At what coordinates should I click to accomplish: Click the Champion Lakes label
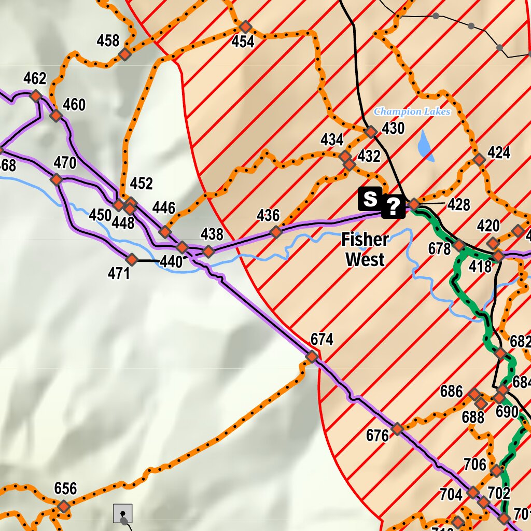412,111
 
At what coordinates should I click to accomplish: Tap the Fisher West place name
365,249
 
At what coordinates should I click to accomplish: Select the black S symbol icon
370,199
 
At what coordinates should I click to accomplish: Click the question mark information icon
394,207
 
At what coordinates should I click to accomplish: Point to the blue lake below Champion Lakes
425,146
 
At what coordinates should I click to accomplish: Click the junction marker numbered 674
312,357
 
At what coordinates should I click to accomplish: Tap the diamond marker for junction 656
64,506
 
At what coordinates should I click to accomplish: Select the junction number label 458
108,40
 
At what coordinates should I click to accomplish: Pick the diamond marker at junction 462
36,96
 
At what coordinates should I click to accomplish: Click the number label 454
243,42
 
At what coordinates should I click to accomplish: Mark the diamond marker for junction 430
371,132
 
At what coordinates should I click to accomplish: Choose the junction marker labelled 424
479,160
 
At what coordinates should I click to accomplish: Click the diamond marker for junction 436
276,231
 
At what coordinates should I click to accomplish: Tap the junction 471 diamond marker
132,259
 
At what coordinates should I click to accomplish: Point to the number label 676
378,436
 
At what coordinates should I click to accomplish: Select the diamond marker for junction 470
57,179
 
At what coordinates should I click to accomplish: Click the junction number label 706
475,464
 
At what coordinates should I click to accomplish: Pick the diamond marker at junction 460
56,116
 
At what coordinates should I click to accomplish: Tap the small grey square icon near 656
123,513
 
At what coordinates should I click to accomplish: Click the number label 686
451,391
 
